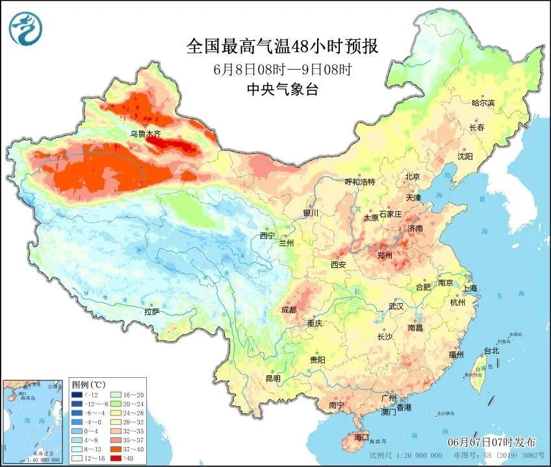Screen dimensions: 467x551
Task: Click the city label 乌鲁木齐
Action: click(144, 134)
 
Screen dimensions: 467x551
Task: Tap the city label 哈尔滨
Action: click(483, 103)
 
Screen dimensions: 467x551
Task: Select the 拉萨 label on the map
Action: click(151, 312)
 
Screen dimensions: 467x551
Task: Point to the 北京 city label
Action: click(413, 177)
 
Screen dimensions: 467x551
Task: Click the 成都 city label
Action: click(288, 310)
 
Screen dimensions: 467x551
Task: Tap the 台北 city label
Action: click(491, 351)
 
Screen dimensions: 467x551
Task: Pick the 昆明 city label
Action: click(272, 378)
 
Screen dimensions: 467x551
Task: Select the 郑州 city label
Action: click(385, 256)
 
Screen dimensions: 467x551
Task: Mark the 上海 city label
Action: click(469, 288)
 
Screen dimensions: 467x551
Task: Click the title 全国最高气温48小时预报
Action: click(282, 46)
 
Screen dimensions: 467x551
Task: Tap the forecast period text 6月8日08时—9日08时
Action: click(282, 70)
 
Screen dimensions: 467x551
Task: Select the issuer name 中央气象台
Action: click(282, 90)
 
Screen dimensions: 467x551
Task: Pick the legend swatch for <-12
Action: click(77, 394)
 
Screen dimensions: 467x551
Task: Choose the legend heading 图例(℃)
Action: click(84, 384)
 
